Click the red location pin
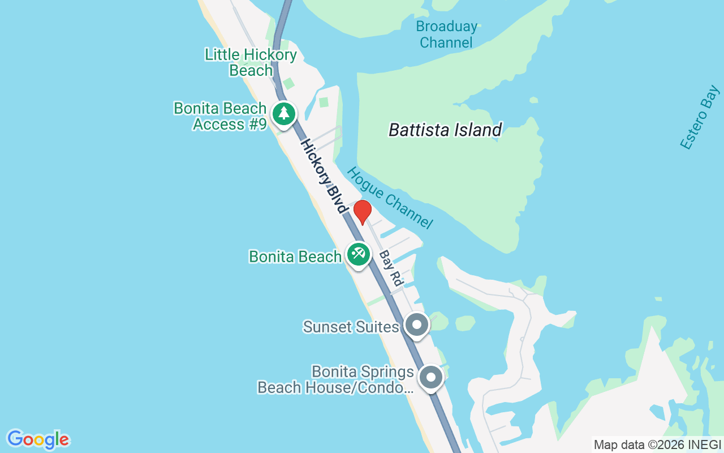363,211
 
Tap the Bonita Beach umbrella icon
358,254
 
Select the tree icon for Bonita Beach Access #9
283,114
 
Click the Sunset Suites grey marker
417,325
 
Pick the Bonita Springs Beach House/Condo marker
431,377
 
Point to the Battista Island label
445,130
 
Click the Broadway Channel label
446,35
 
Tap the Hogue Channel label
390,198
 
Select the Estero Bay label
700,118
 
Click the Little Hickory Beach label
251,62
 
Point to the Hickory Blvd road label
324,176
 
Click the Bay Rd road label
390,268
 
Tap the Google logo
38,439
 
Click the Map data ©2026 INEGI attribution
657,445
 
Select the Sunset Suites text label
351,327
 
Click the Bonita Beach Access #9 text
220,116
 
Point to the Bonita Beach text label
295,257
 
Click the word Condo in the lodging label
385,387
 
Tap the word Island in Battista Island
474,130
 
